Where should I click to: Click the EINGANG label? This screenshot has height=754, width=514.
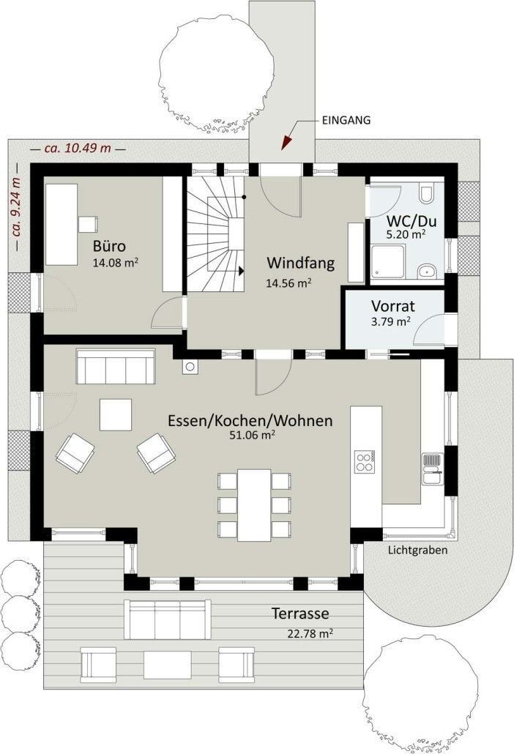coord(346,120)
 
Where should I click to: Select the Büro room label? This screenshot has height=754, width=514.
coord(109,246)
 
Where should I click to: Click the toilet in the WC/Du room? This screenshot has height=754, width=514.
coord(426,194)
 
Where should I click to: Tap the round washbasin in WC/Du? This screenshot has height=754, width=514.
coord(426,272)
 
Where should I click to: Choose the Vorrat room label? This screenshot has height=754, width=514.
coord(393,306)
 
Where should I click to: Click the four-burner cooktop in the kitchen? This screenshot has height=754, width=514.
coord(365,461)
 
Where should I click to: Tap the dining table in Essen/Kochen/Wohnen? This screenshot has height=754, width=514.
coord(254,505)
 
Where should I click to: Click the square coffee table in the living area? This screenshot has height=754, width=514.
coord(116,414)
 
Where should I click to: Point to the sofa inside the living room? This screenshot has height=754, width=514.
coord(116,367)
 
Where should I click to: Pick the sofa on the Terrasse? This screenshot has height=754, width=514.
coord(168,619)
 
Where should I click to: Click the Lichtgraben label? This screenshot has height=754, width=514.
coord(417,550)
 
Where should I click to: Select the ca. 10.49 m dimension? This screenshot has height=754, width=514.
coord(78,148)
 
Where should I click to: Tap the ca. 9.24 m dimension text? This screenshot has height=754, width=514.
coord(17,208)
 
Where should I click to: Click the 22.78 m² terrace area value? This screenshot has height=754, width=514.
coord(310,633)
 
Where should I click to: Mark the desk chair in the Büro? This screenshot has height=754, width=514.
coord(89,225)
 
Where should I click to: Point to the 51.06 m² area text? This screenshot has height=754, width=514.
coord(252,435)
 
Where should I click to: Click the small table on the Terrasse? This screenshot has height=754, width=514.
coord(168,665)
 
